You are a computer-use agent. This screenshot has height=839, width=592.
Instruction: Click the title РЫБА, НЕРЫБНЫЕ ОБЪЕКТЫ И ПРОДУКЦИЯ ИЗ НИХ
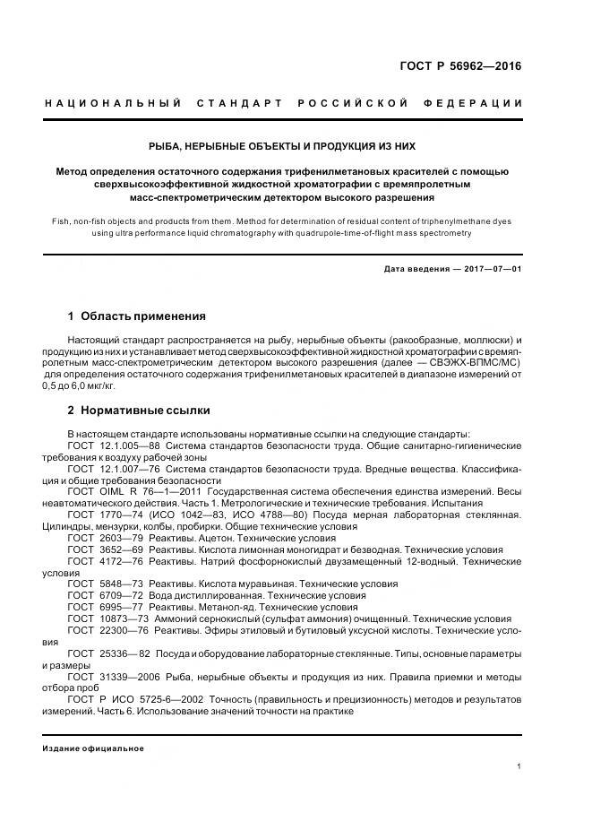click(282, 145)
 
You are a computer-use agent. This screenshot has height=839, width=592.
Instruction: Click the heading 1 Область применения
click(137, 316)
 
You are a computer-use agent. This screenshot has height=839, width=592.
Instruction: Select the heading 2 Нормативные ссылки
click(139, 410)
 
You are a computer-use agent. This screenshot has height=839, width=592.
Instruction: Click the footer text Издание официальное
click(93, 748)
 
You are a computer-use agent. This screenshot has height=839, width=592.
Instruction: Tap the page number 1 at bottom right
click(519, 767)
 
